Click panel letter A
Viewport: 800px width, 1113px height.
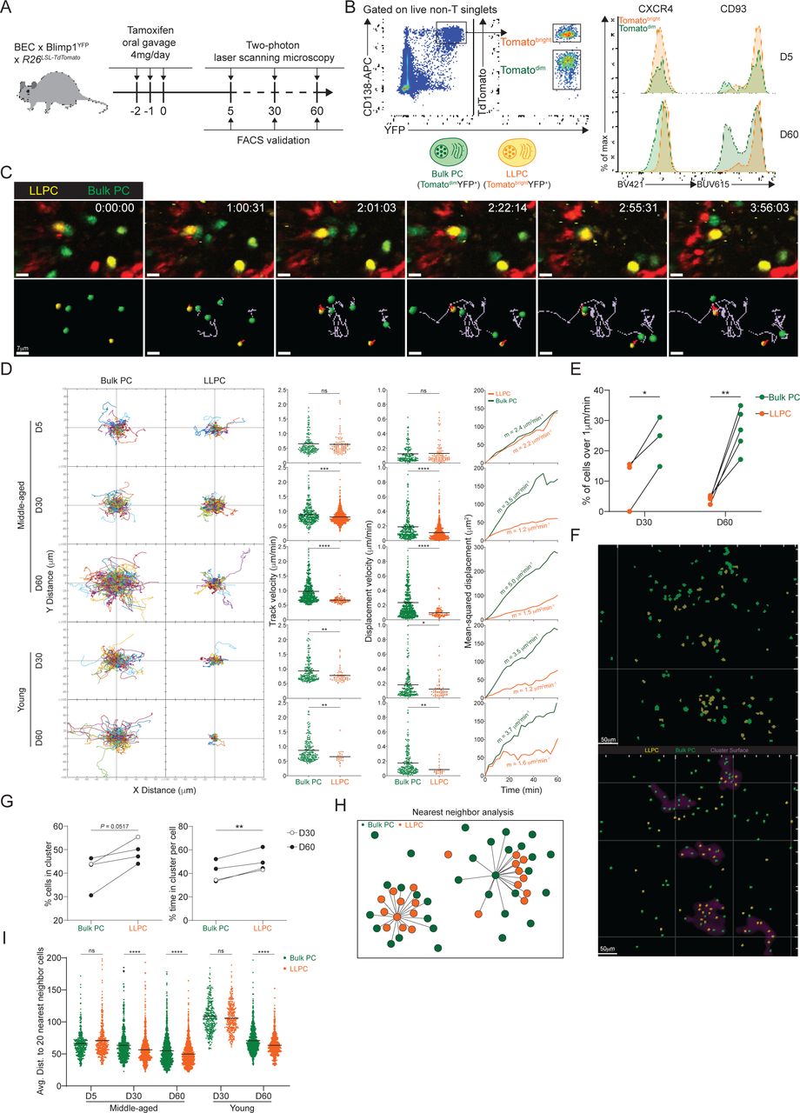(11, 10)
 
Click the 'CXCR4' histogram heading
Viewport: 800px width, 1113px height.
(662, 10)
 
